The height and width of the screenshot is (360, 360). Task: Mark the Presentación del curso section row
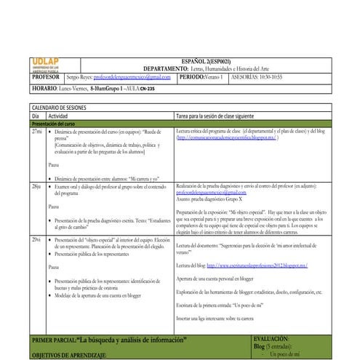tap(58, 124)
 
